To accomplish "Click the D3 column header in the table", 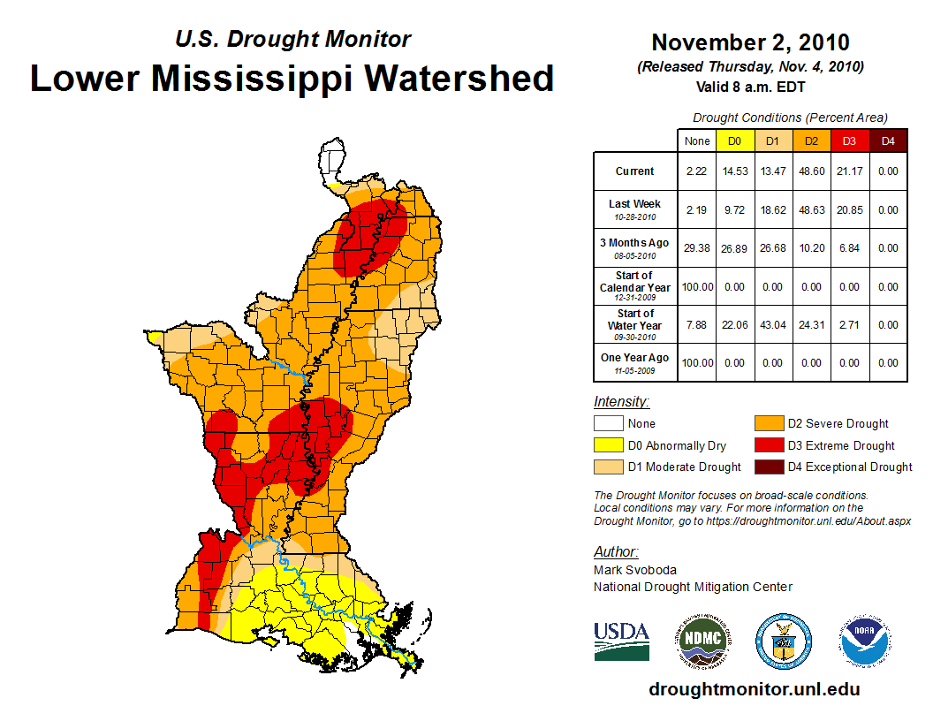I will tap(849, 140).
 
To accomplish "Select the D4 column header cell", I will tap(888, 140).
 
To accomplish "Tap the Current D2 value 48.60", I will tap(811, 171).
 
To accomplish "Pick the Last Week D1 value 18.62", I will tap(772, 210).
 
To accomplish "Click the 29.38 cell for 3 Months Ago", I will tap(697, 248).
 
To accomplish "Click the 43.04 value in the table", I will tap(772, 324).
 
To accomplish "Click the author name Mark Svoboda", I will tap(635, 570).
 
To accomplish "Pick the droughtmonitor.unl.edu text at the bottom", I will tap(754, 689).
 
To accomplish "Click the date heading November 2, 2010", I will tap(750, 42).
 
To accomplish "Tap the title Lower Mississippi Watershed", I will tap(292, 78).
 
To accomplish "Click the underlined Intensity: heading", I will tap(621, 402).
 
